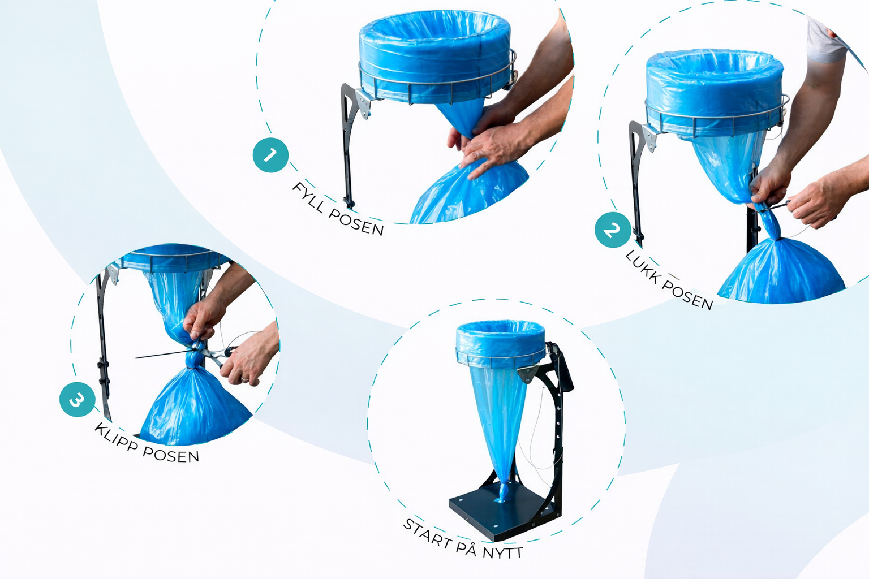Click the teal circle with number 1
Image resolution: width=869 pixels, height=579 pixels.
pos(270,155)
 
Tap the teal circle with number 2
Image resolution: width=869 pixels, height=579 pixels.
pos(613,230)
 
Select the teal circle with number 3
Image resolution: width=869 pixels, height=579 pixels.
pos(77,399)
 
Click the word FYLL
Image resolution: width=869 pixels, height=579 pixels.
pos(308,197)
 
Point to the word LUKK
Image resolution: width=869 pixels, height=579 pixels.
pos(642,267)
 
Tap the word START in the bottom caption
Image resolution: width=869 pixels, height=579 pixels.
pos(427,533)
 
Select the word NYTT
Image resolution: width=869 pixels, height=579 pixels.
pos(503,552)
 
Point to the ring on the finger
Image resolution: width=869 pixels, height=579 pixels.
pos(244,379)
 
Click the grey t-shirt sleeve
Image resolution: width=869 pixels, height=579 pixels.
pos(827,41)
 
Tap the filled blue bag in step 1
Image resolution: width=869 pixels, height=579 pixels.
pos(470,194)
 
